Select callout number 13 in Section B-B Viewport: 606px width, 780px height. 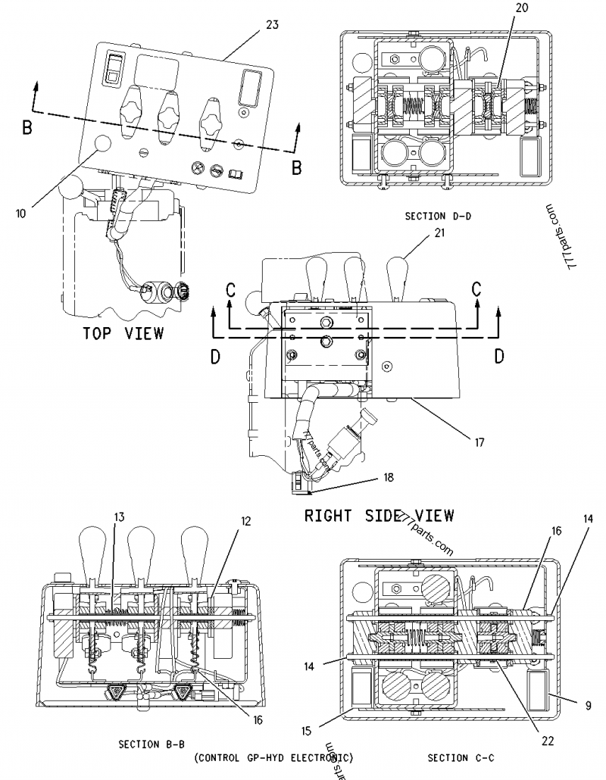(x=119, y=517)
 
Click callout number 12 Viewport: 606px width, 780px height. (x=246, y=522)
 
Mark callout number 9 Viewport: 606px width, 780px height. (x=588, y=704)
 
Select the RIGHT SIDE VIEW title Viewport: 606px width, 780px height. (x=379, y=516)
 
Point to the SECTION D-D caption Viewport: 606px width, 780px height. (x=438, y=217)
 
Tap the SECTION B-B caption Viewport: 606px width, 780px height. (x=148, y=744)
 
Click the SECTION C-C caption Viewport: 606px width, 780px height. (x=459, y=757)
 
